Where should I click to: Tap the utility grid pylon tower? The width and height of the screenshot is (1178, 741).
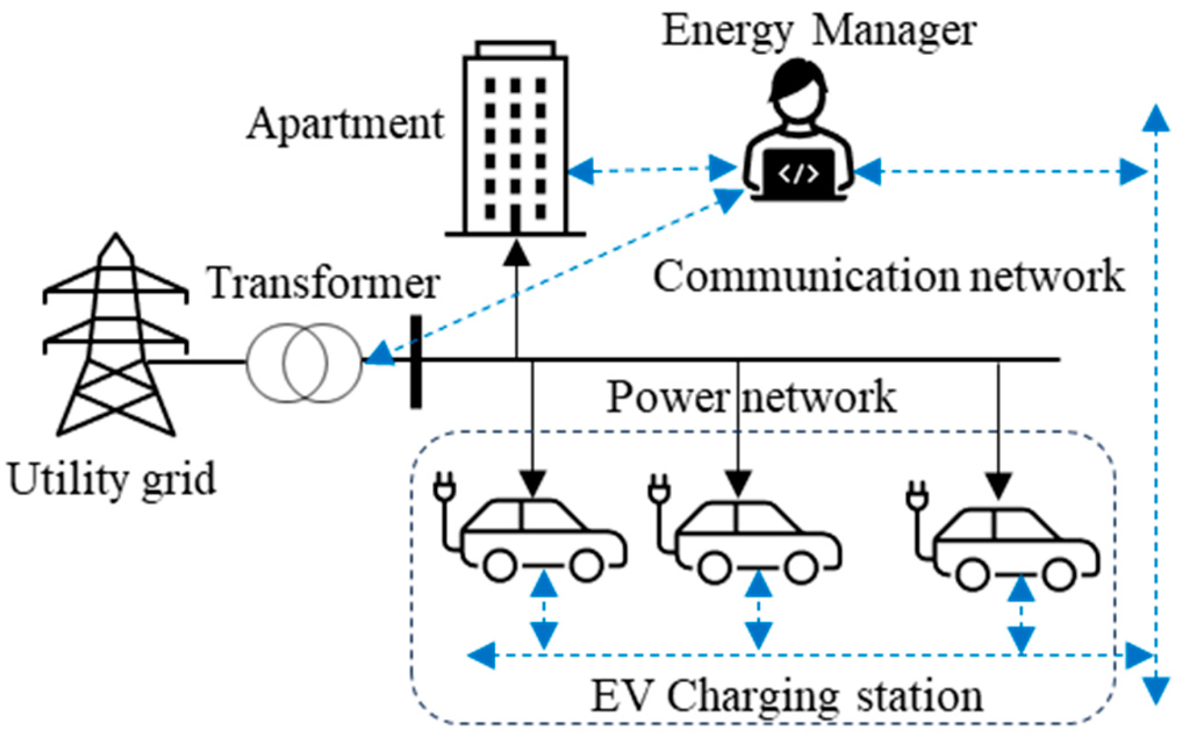point(115,337)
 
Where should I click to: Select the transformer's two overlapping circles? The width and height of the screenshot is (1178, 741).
point(304,363)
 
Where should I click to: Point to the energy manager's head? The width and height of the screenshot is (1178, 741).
point(798,93)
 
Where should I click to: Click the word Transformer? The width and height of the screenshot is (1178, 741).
point(324,283)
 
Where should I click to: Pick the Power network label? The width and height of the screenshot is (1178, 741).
point(751,397)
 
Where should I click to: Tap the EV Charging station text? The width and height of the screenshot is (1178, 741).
point(787,696)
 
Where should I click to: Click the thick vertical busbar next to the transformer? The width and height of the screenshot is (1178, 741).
point(416,362)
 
